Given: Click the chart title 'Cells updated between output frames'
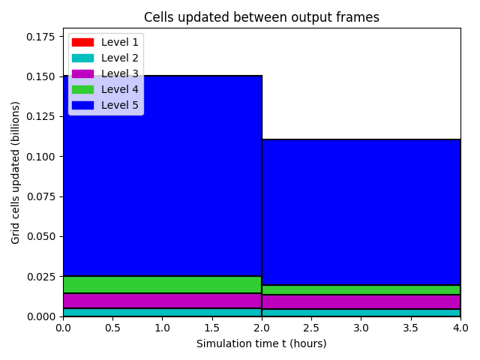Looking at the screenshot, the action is (x=262, y=17).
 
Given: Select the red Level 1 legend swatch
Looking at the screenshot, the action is (x=82, y=42).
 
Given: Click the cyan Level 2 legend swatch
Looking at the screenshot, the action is (x=82, y=58).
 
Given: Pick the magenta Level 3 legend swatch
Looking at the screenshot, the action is (x=82, y=73).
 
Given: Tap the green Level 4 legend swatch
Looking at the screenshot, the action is (x=82, y=89).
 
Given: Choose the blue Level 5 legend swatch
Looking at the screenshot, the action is (x=82, y=105).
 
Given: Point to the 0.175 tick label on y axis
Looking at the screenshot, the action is (x=40, y=37).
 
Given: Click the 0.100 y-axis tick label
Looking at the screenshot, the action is (x=40, y=157).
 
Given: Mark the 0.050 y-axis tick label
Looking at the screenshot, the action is (x=40, y=237).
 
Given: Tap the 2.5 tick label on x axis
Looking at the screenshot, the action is (x=311, y=328).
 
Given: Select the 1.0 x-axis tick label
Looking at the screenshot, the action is (x=162, y=328).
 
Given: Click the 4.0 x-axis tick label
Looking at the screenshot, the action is (x=460, y=328).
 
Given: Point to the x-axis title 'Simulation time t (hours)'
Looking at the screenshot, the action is (x=262, y=343).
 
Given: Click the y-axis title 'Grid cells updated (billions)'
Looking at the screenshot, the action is (x=15, y=172).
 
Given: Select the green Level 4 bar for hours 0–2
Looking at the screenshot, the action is (x=162, y=285).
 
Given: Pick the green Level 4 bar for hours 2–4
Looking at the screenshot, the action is (x=361, y=290).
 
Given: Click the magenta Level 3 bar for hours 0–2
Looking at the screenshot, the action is (x=162, y=301).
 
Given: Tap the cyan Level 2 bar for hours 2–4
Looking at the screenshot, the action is (x=361, y=313).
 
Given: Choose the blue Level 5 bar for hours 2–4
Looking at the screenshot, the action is (x=361, y=212).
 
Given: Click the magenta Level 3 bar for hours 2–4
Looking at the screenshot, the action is (x=361, y=302).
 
